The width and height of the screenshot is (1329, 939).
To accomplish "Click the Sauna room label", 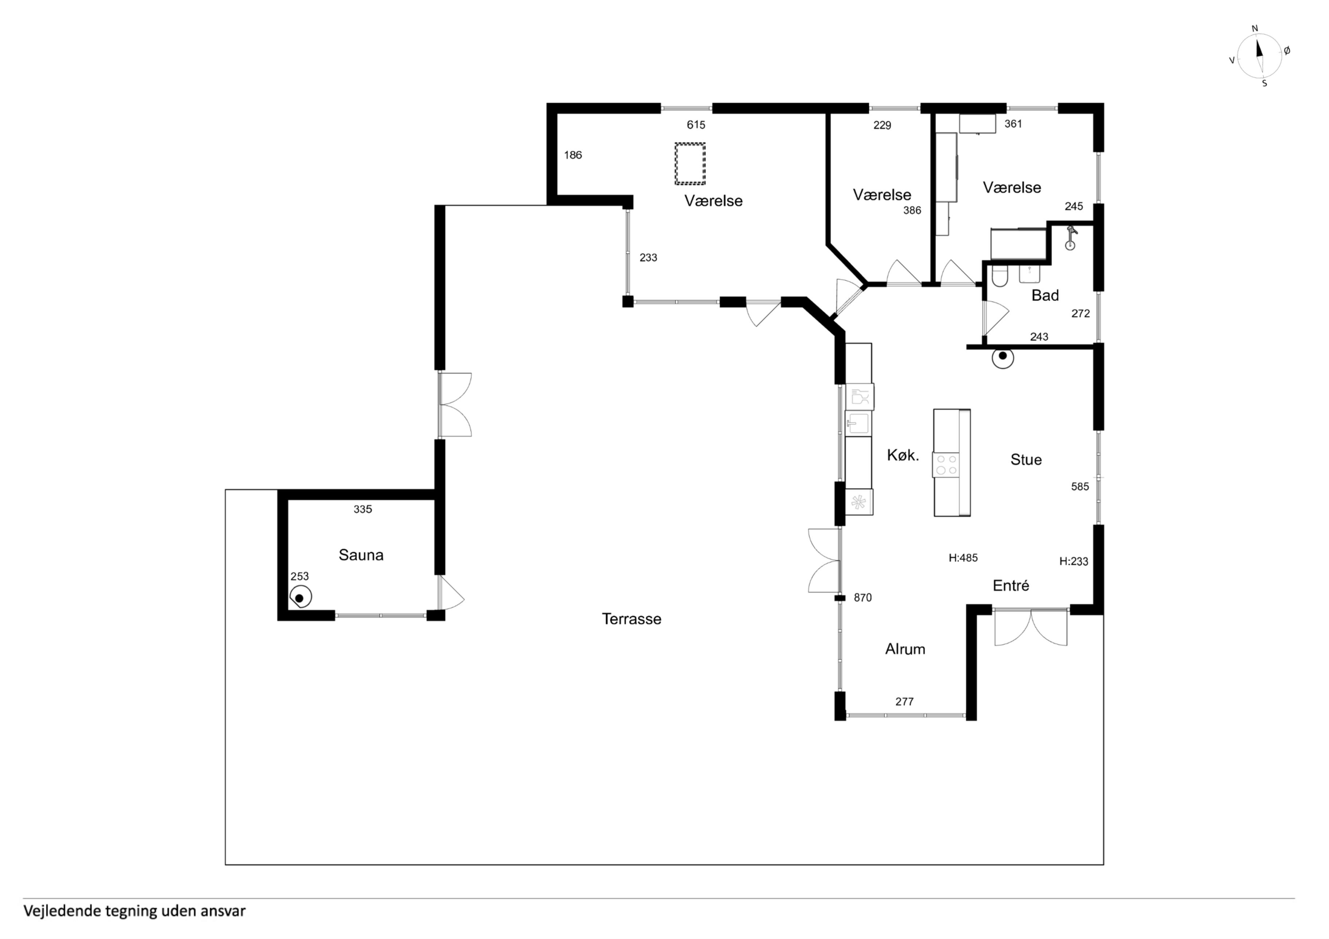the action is point(361,555).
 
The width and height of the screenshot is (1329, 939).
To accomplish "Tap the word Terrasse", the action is point(631,619).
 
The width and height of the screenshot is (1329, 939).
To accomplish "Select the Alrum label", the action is point(905,649).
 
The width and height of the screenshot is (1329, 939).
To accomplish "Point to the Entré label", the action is point(1011,585).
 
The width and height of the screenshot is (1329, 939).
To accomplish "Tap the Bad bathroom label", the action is point(1045,295).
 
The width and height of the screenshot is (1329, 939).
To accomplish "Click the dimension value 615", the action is point(696,125).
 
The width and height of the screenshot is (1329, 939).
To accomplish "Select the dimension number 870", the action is point(862,597).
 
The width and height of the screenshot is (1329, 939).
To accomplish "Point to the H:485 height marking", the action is point(963,558).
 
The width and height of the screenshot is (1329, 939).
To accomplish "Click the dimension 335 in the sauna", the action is point(363,509).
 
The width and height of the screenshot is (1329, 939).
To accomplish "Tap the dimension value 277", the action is point(905,702).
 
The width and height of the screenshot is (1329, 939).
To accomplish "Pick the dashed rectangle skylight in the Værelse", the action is point(690,164).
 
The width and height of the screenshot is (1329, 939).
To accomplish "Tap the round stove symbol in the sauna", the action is point(301,597).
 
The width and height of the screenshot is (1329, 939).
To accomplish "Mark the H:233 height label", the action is point(1074,561).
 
